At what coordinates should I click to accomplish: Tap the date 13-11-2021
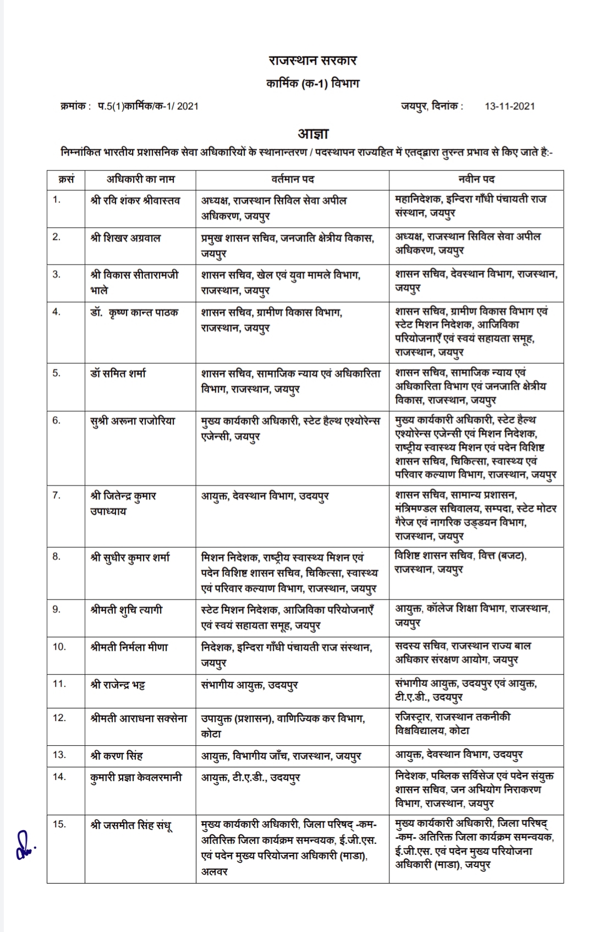[x=509, y=106]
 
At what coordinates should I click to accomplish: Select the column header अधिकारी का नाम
[x=140, y=179]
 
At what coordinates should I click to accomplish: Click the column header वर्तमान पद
[x=293, y=179]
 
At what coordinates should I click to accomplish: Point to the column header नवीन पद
[x=476, y=179]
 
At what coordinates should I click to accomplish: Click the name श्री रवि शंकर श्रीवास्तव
[x=135, y=200]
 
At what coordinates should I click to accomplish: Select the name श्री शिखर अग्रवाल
[x=126, y=238]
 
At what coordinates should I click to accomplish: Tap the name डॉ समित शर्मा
[x=118, y=373]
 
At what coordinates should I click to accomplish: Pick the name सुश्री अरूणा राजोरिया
[x=133, y=421]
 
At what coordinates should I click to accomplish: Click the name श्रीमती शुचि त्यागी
[x=127, y=610]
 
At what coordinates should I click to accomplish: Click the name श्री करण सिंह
[x=117, y=755]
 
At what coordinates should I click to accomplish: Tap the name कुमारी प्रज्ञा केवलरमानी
[x=136, y=777]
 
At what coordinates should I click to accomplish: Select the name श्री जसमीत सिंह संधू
[x=131, y=825]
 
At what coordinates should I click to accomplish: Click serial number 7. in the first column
[x=57, y=495]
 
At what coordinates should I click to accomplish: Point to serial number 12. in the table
[x=59, y=718]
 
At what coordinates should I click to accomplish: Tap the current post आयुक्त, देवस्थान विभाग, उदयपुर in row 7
[x=265, y=496]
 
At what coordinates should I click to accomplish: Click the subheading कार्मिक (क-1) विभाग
[x=313, y=84]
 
